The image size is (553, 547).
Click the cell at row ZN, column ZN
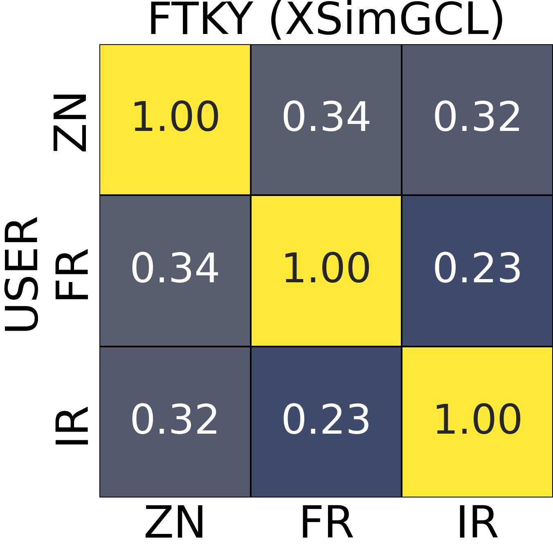click(x=175, y=119)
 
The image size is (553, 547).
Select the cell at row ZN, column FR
click(x=326, y=119)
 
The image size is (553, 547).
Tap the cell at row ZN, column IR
click(x=477, y=119)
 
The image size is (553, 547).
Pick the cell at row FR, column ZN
click(x=175, y=271)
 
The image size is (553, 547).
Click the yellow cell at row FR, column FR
click(x=326, y=271)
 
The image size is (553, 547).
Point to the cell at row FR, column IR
click(x=477, y=271)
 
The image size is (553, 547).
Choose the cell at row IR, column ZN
click(x=175, y=422)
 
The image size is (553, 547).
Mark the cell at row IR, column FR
click(x=326, y=422)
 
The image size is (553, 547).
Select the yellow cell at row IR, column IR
click(x=477, y=422)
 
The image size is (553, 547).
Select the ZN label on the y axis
click(x=70, y=122)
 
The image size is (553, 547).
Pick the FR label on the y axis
click(x=71, y=274)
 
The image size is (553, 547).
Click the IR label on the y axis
click(x=72, y=425)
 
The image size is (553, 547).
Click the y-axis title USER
click(x=22, y=274)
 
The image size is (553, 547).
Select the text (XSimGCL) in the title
click(x=386, y=20)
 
